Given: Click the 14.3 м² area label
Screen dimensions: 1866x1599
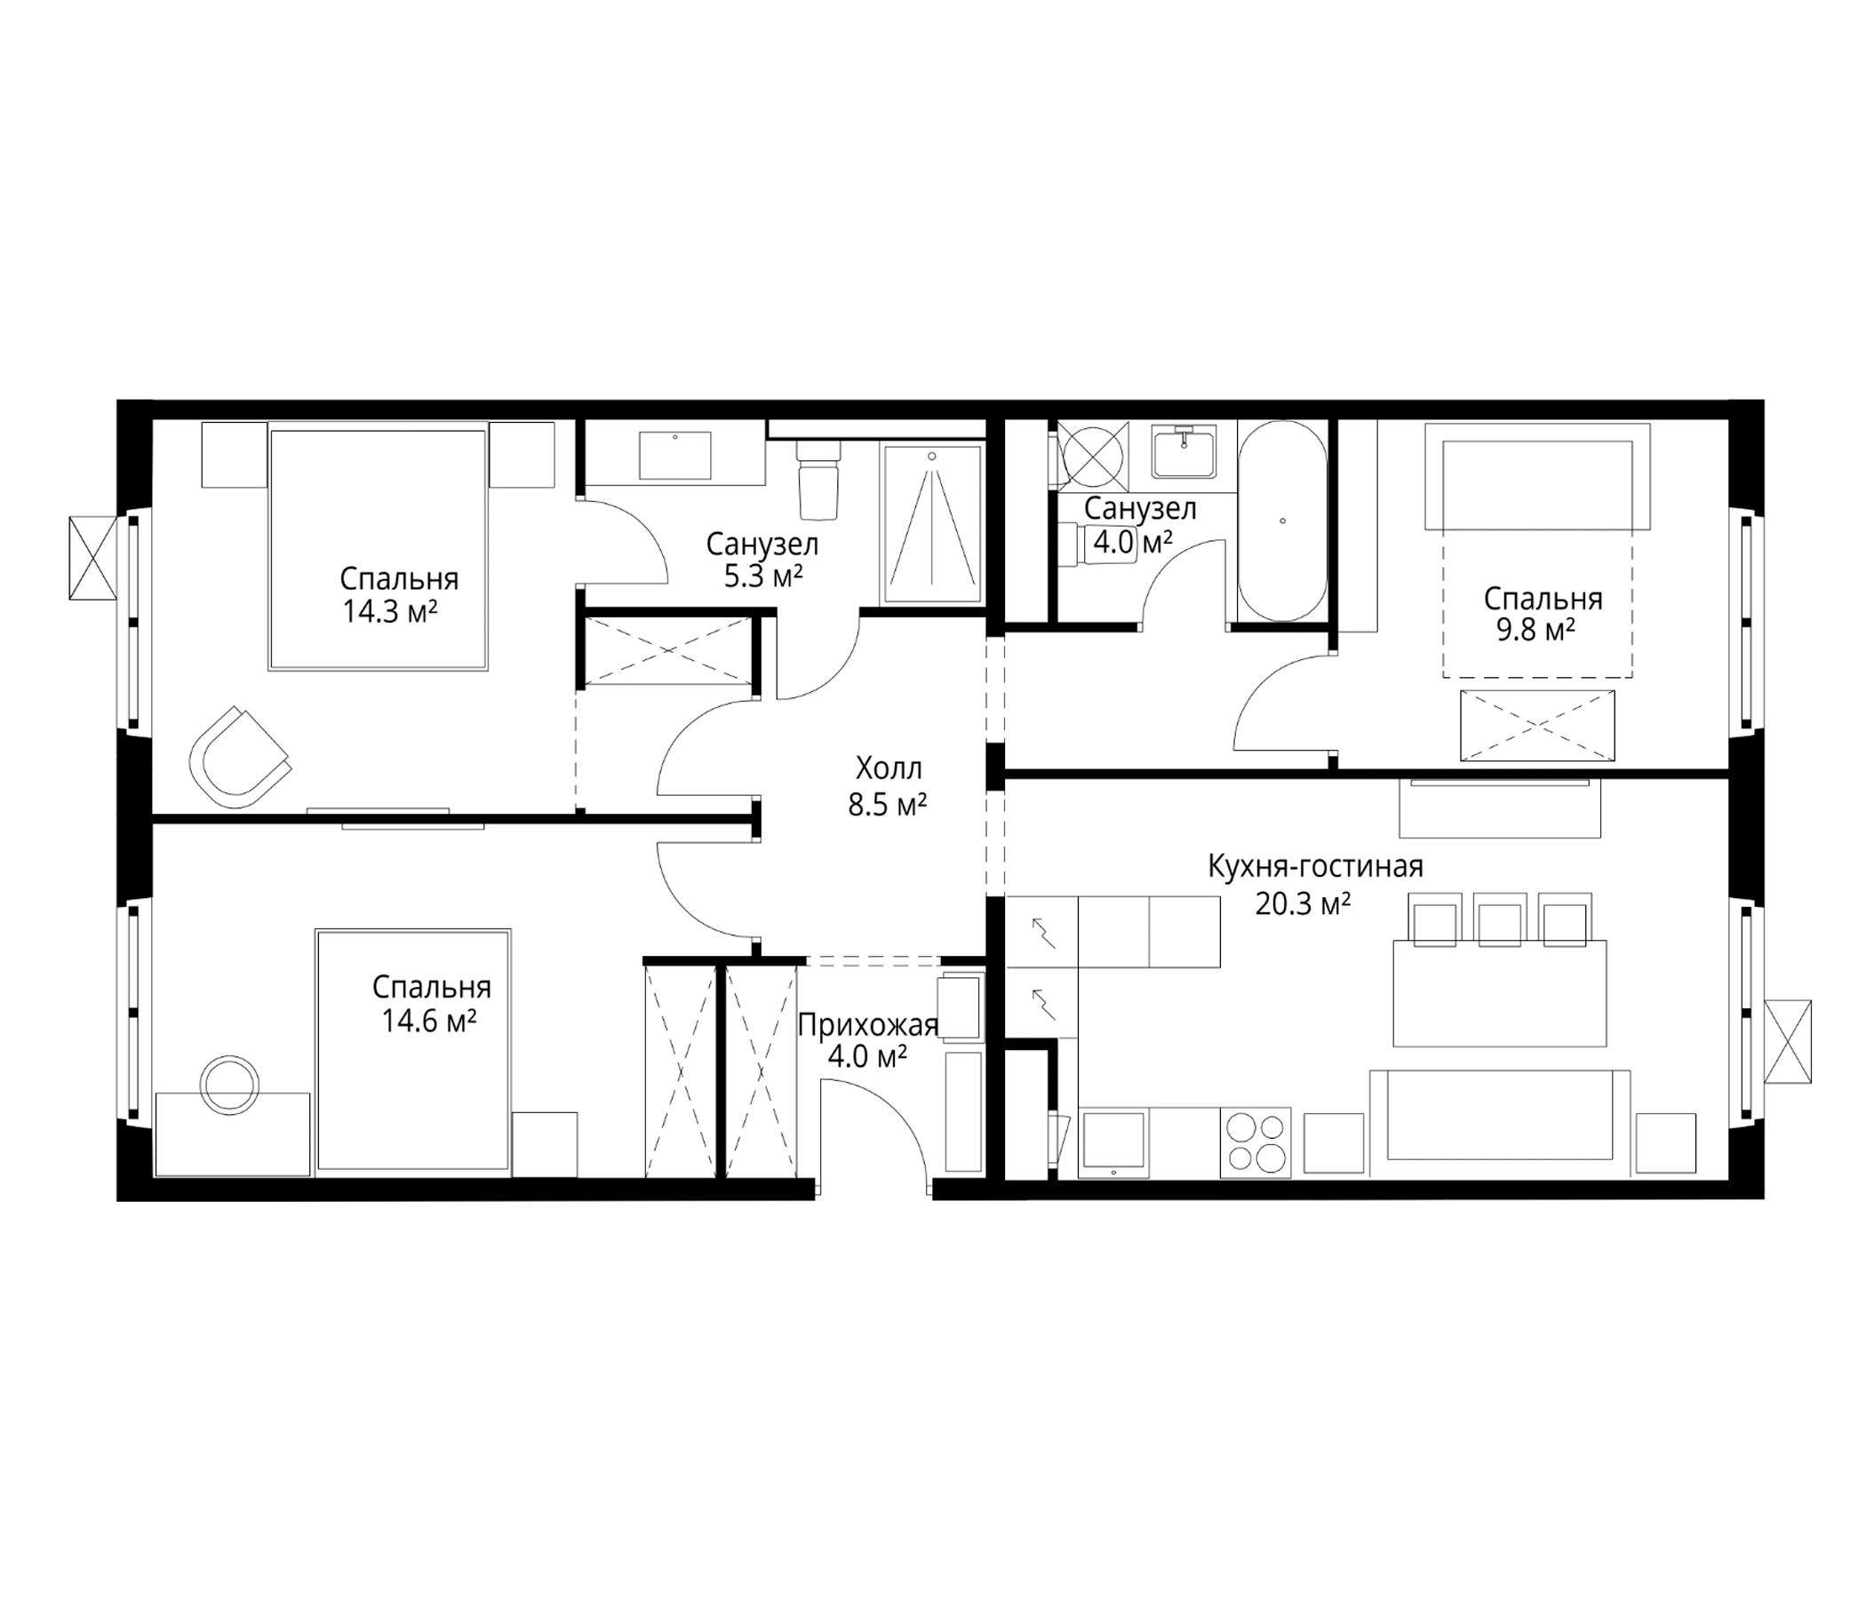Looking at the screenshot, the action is click(390, 613).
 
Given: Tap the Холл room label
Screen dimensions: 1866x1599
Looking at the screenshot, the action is click(889, 768).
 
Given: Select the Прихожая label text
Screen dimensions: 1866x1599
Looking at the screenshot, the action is click(868, 1024).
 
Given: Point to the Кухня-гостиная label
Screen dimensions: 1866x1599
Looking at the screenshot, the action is click(1315, 866).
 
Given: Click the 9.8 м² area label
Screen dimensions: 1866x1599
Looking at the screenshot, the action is click(1535, 630).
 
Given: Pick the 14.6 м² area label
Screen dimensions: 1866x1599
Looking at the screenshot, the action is click(429, 1022).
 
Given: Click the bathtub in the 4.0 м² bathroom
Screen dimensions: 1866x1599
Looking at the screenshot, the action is click(1281, 521).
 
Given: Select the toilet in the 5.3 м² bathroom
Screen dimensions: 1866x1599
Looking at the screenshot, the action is click(817, 478).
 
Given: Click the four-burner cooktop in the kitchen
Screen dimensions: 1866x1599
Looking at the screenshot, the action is click(1256, 1142).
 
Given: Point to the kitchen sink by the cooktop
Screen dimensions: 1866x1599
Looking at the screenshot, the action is click(1114, 1142).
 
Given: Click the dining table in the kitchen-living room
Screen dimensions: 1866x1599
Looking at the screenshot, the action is click(1500, 993).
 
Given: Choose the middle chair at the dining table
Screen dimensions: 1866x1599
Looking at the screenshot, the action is click(1500, 920).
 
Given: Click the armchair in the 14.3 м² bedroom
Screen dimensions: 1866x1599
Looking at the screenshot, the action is click(239, 757).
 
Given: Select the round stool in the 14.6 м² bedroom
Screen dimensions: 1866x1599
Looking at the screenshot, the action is click(229, 1085).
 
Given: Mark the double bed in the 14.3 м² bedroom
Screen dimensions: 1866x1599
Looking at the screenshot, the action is click(379, 550).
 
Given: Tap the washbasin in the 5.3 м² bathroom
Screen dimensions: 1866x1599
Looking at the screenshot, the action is click(674, 456).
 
